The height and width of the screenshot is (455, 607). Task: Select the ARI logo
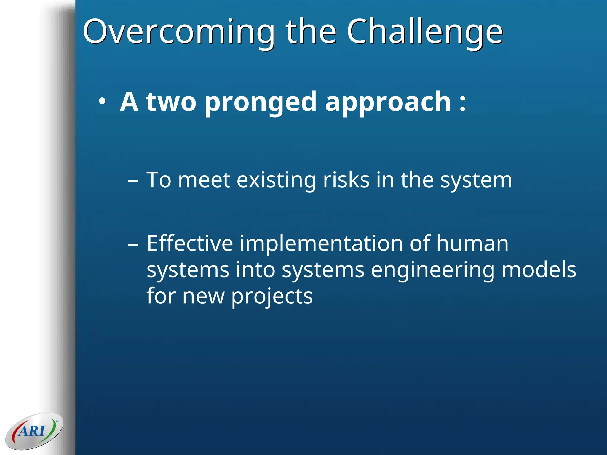[x=34, y=431]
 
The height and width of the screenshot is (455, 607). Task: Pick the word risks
[x=346, y=180]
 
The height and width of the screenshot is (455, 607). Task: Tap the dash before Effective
[x=133, y=244]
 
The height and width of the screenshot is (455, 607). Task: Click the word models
[x=539, y=270]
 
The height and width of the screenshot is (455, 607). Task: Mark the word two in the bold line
[x=171, y=102]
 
